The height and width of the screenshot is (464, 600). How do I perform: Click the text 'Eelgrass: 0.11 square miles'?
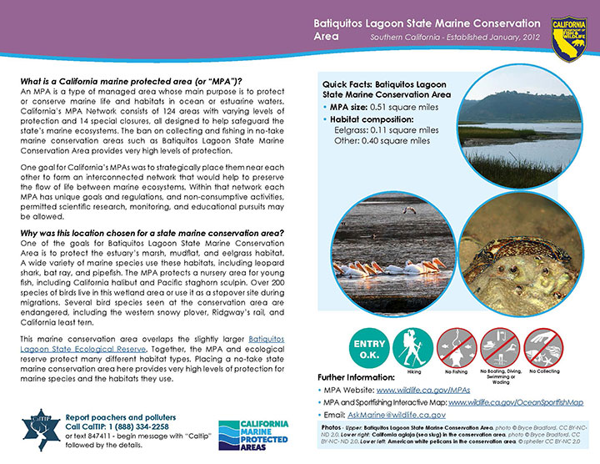(387, 130)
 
